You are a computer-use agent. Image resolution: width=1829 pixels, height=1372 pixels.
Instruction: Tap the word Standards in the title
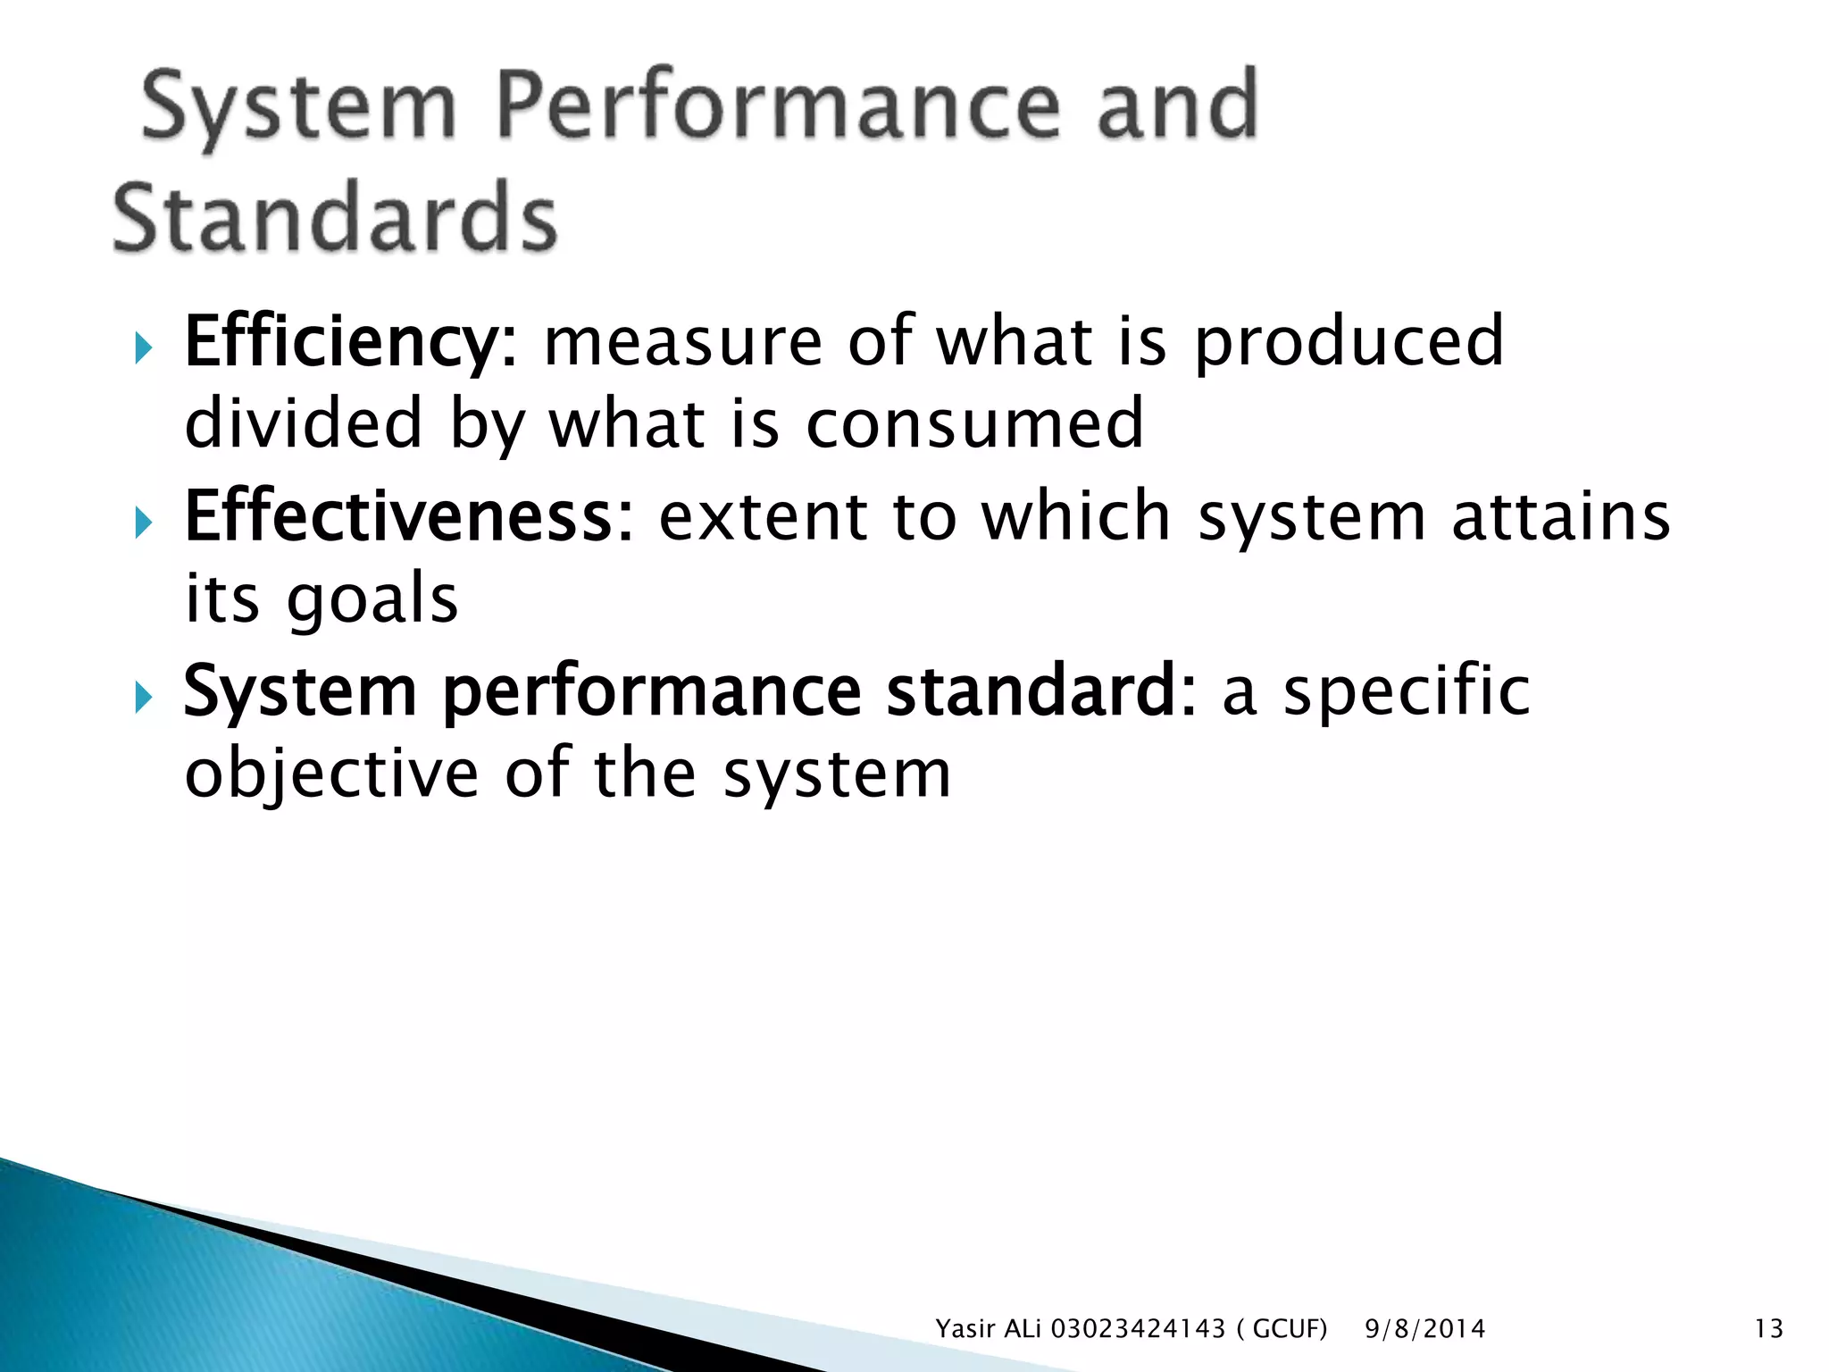pyautogui.click(x=335, y=217)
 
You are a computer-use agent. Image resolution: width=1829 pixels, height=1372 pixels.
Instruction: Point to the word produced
pyautogui.click(x=1349, y=344)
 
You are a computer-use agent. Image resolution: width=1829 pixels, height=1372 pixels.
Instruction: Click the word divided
pyautogui.click(x=303, y=423)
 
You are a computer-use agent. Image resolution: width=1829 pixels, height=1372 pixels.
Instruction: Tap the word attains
pyautogui.click(x=1560, y=517)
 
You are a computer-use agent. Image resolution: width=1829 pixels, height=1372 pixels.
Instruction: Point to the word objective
pyautogui.click(x=331, y=774)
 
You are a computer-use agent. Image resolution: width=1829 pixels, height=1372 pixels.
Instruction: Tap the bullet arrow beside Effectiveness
pyautogui.click(x=145, y=521)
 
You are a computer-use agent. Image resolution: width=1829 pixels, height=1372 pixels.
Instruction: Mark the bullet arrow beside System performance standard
pyautogui.click(x=145, y=695)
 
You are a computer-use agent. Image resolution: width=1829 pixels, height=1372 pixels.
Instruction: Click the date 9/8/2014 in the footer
pyautogui.click(x=1424, y=1329)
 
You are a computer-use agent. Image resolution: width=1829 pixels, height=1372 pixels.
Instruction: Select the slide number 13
pyautogui.click(x=1768, y=1329)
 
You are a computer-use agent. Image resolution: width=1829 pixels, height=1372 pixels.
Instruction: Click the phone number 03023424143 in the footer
pyautogui.click(x=1138, y=1329)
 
